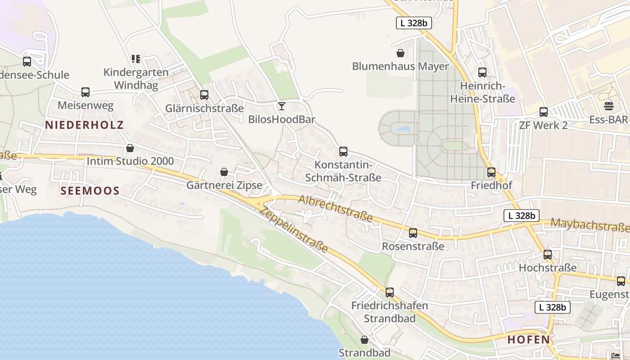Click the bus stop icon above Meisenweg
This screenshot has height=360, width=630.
pos(85,92)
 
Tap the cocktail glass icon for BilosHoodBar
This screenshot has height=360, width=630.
pos(282,106)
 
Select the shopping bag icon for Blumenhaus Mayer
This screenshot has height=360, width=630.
pos(400,54)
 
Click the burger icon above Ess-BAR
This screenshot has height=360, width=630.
pos(609,107)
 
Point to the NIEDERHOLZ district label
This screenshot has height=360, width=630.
pos(84,125)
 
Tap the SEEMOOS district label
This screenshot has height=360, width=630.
pos(90,191)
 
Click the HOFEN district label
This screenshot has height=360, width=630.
pos(529,340)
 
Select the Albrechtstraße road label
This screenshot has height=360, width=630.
pos(336,208)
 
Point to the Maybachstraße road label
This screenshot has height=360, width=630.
pos(589,225)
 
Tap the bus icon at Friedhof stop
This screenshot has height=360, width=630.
pos(491,172)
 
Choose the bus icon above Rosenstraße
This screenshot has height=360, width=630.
pos(413,233)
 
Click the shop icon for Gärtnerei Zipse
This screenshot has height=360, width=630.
pos(224,172)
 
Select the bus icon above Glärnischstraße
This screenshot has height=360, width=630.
pos(204,95)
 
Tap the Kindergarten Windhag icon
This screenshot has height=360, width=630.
pos(136,58)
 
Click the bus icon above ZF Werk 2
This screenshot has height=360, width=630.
pos(544,112)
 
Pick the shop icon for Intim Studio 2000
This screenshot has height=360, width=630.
pos(130,148)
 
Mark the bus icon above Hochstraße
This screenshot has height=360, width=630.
pos(548,255)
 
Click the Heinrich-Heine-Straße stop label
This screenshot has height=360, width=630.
pos(482,92)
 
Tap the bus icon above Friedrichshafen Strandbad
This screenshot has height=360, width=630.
pos(390,292)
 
